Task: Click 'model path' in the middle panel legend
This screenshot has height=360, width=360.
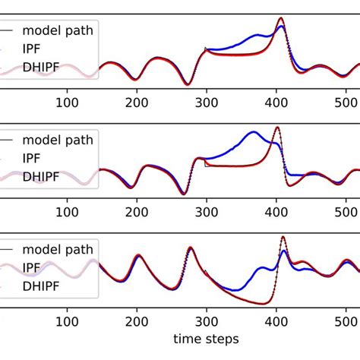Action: click(x=58, y=140)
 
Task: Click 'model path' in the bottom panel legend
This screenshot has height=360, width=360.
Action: click(x=58, y=250)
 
